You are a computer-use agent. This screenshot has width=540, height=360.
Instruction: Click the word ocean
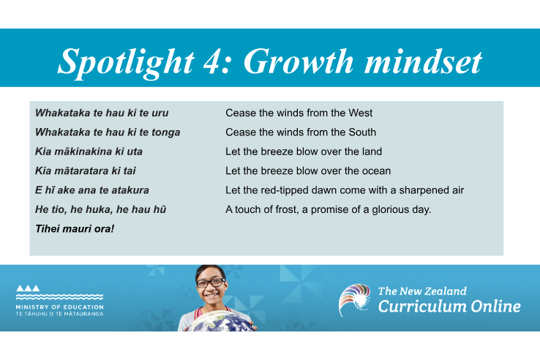pos(375,171)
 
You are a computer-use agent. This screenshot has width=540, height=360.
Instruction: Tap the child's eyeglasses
pos(211,282)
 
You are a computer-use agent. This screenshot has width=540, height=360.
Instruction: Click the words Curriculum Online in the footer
pos(449,307)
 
